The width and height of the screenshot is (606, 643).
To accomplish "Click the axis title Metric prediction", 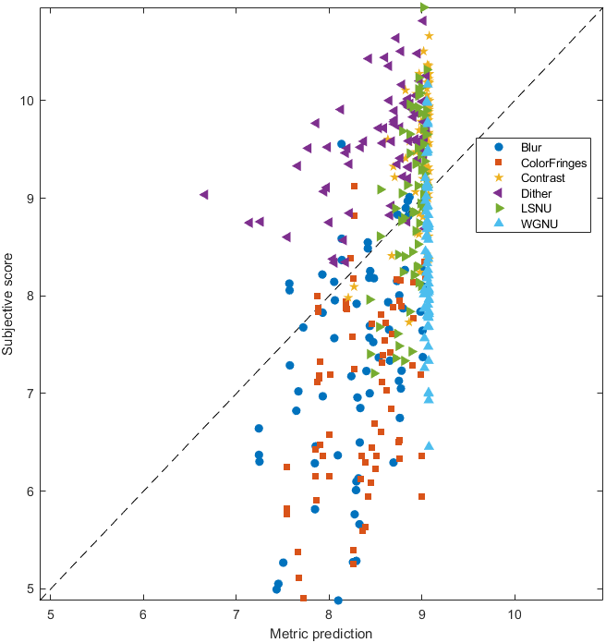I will (x=321, y=634).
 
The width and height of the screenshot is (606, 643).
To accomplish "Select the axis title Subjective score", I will (x=8, y=300).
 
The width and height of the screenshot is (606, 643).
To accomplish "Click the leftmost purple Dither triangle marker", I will (x=204, y=195).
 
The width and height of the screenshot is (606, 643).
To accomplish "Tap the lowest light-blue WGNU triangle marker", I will (x=429, y=445).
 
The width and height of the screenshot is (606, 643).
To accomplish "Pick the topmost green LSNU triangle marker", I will (x=424, y=7).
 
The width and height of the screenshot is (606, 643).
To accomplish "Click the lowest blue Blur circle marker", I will (x=338, y=601).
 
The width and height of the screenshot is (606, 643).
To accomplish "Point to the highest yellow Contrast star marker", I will (x=429, y=36).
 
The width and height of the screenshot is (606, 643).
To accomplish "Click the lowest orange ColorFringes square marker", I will (x=303, y=598).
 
